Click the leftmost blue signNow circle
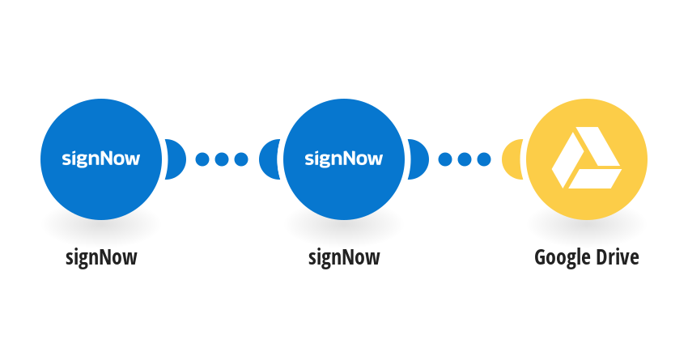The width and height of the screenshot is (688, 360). [x=101, y=159]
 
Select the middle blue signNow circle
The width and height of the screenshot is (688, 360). [x=344, y=159]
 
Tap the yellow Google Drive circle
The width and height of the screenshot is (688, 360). [x=587, y=159]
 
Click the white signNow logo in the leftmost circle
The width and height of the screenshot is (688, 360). [x=101, y=159]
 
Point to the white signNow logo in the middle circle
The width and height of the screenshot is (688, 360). [x=344, y=159]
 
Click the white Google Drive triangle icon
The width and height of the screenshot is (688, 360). [x=587, y=158]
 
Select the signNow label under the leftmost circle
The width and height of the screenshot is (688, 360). [x=101, y=258]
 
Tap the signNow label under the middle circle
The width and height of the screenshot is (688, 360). [x=344, y=258]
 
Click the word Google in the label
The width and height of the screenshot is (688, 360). [x=559, y=258]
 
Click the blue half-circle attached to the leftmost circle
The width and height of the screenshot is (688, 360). [x=176, y=159]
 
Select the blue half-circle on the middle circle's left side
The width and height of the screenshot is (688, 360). [x=270, y=159]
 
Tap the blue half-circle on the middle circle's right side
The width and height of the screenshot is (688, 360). [x=418, y=159]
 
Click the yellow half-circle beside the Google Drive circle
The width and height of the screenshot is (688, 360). [x=512, y=159]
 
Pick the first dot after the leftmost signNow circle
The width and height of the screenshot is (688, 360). [x=202, y=159]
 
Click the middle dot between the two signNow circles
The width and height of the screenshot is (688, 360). [x=222, y=159]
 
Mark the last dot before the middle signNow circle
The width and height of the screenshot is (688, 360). [x=241, y=159]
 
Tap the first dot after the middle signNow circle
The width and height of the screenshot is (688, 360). [x=445, y=159]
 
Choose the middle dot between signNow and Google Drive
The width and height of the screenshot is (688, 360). [x=465, y=159]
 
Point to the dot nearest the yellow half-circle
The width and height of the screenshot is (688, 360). [x=484, y=159]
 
